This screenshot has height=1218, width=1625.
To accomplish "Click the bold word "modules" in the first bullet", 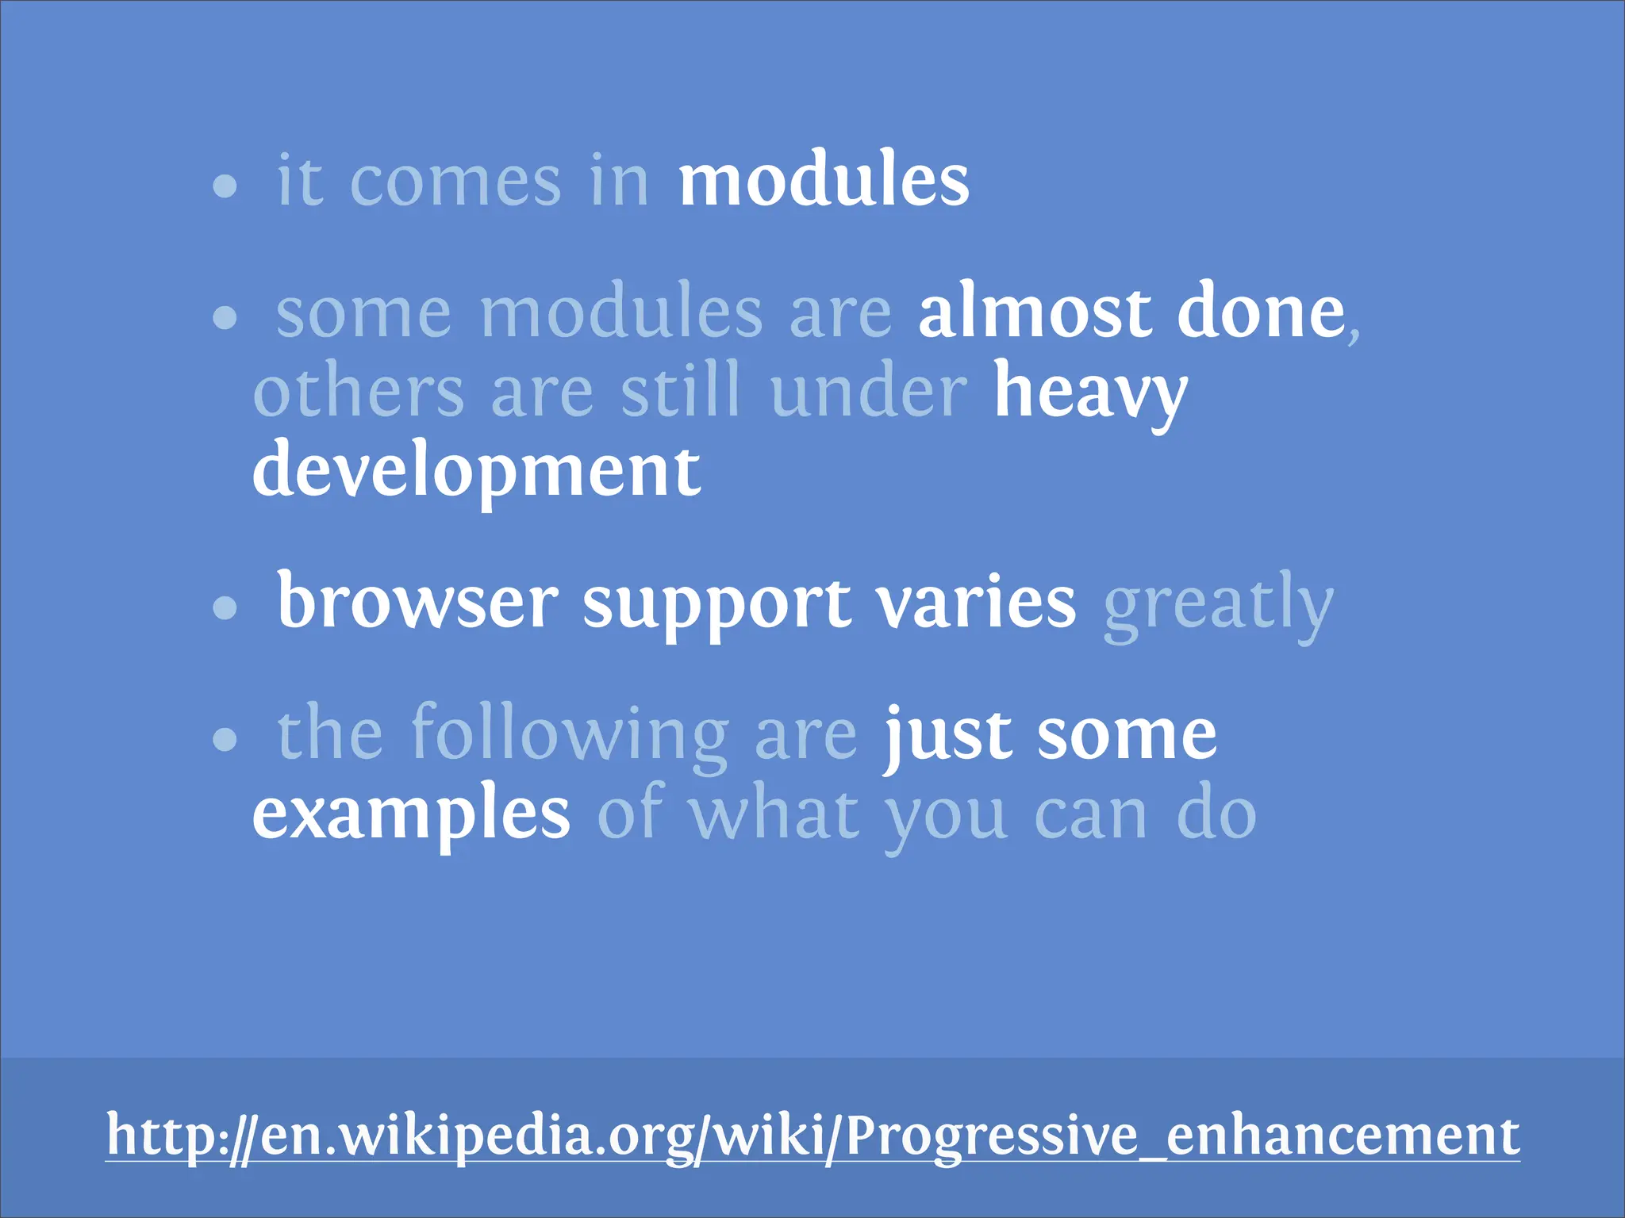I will pos(823,181).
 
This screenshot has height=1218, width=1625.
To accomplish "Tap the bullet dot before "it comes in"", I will pos(225,186).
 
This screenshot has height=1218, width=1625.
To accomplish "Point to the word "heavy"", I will pos(1090,392).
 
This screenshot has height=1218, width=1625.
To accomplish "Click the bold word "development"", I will pos(476,473).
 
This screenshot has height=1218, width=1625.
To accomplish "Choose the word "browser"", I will pos(417,603).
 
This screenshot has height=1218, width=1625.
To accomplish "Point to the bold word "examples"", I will pos(411,815).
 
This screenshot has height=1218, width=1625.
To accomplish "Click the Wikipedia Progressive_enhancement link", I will pos(812,1136).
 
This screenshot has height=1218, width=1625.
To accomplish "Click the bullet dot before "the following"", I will pos(225,740).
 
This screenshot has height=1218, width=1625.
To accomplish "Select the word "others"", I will pos(358,392).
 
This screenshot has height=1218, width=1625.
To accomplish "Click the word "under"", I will pos(868,392).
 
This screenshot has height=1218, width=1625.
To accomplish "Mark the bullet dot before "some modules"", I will pos(225,318).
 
